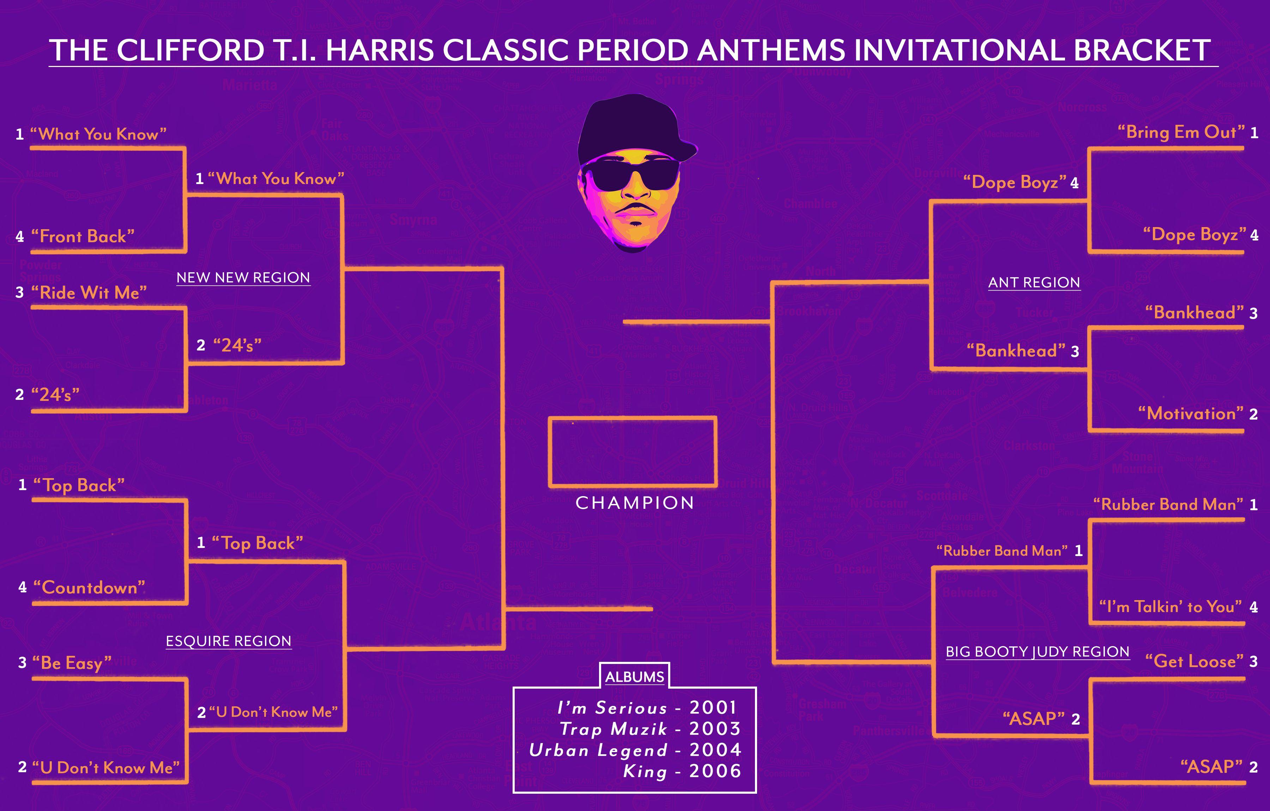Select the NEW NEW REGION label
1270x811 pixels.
click(243, 278)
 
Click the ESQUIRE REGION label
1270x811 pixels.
click(228, 641)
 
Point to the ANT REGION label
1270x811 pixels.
click(1034, 283)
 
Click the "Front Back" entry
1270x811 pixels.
click(83, 236)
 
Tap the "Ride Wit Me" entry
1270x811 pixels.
click(89, 293)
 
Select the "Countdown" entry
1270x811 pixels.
click(89, 587)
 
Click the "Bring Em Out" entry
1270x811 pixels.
click(1181, 132)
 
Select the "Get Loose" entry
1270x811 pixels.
click(1194, 661)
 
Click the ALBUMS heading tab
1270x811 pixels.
click(635, 677)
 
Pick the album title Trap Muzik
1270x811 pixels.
click(613, 729)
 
